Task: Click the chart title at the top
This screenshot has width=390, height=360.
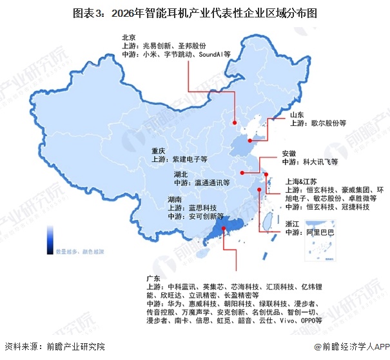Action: coord(195,12)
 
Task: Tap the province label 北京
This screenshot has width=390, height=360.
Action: coord(128,37)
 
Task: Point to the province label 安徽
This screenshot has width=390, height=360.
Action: coord(289,154)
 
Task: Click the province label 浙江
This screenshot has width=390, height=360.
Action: coord(293,224)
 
